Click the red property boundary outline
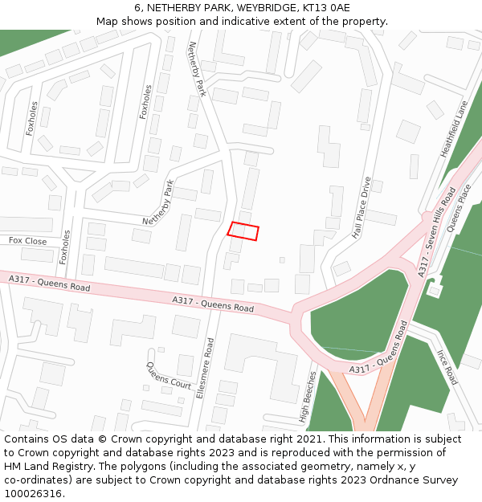coord(243,231)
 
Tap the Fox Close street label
coord(27,240)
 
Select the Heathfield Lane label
coord(454,129)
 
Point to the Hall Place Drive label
coord(362,208)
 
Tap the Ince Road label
coord(446,366)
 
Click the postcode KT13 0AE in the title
coord(326,8)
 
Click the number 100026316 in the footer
coord(32,494)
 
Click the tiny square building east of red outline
coord(282,259)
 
